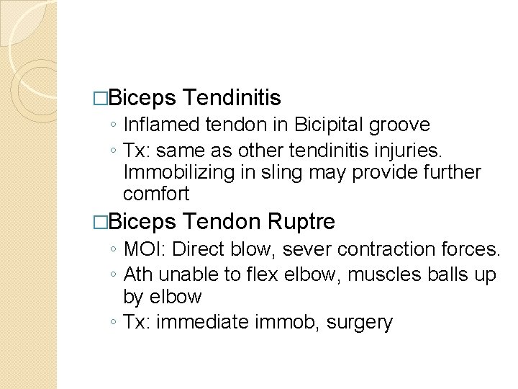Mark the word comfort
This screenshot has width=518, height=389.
click(156, 194)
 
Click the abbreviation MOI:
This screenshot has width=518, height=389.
click(145, 250)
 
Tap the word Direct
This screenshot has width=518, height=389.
click(199, 250)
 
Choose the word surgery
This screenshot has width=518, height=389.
click(360, 322)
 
